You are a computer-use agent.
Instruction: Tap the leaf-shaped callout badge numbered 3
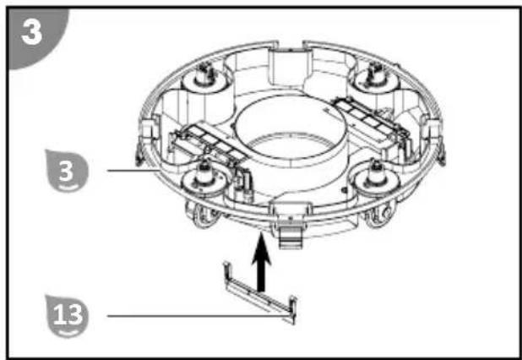pos(67,172)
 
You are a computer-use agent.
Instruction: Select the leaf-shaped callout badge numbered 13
pos(67,316)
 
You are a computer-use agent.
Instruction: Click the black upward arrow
pos(261,262)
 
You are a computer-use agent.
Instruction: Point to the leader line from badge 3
pos(133,170)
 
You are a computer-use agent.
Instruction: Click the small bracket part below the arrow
pos(260,292)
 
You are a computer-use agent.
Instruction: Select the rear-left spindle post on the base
pos(204,75)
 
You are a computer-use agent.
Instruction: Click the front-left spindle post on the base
pos(204,172)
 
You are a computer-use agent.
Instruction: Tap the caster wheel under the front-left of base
pos(203,215)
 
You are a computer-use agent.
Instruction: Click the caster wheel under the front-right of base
pos(379,214)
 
